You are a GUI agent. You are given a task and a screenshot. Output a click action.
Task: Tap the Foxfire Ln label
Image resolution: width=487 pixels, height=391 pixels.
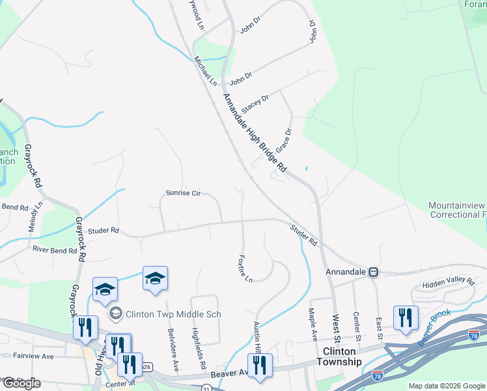245,268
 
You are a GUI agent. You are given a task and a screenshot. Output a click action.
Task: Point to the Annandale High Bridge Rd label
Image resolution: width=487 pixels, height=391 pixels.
255,134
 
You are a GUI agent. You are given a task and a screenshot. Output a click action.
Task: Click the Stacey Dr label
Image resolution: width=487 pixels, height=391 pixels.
255,103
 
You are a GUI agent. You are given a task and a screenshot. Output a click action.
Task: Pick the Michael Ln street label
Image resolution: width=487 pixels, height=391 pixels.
204,71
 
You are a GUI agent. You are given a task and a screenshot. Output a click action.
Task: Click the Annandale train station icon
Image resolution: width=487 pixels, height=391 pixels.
374,272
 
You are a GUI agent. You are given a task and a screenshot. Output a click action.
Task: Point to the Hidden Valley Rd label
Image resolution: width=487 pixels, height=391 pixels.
449,280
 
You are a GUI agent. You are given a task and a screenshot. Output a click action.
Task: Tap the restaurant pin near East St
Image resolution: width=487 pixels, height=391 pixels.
406,319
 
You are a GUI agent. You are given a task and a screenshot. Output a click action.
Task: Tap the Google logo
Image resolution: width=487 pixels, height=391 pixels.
21,383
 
